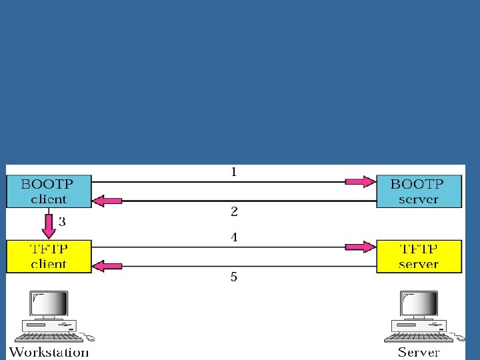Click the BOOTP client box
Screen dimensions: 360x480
pyautogui.click(x=48, y=191)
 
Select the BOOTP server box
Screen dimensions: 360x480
pyautogui.click(x=419, y=191)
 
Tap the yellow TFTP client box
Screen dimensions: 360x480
pyautogui.click(x=48, y=256)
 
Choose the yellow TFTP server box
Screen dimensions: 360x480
pyautogui.click(x=419, y=256)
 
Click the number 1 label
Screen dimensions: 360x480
pyautogui.click(x=234, y=172)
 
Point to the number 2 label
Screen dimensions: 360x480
pyautogui.click(x=234, y=212)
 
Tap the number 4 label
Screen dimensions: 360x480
pyautogui.click(x=234, y=237)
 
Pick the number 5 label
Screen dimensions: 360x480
pyautogui.click(x=234, y=276)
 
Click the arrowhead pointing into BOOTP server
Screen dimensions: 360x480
pyautogui.click(x=360, y=181)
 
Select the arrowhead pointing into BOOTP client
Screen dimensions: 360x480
pyautogui.click(x=107, y=199)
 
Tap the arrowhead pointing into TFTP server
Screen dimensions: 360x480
pyautogui.click(x=360, y=247)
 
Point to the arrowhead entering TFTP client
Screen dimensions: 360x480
pyautogui.click(x=107, y=267)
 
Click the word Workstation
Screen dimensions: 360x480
pyautogui.click(x=49, y=351)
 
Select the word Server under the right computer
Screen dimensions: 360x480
pyautogui.click(x=419, y=351)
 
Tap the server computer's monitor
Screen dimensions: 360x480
pyautogui.click(x=418, y=304)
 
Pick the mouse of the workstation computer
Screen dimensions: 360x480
pyautogui.click(x=89, y=337)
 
